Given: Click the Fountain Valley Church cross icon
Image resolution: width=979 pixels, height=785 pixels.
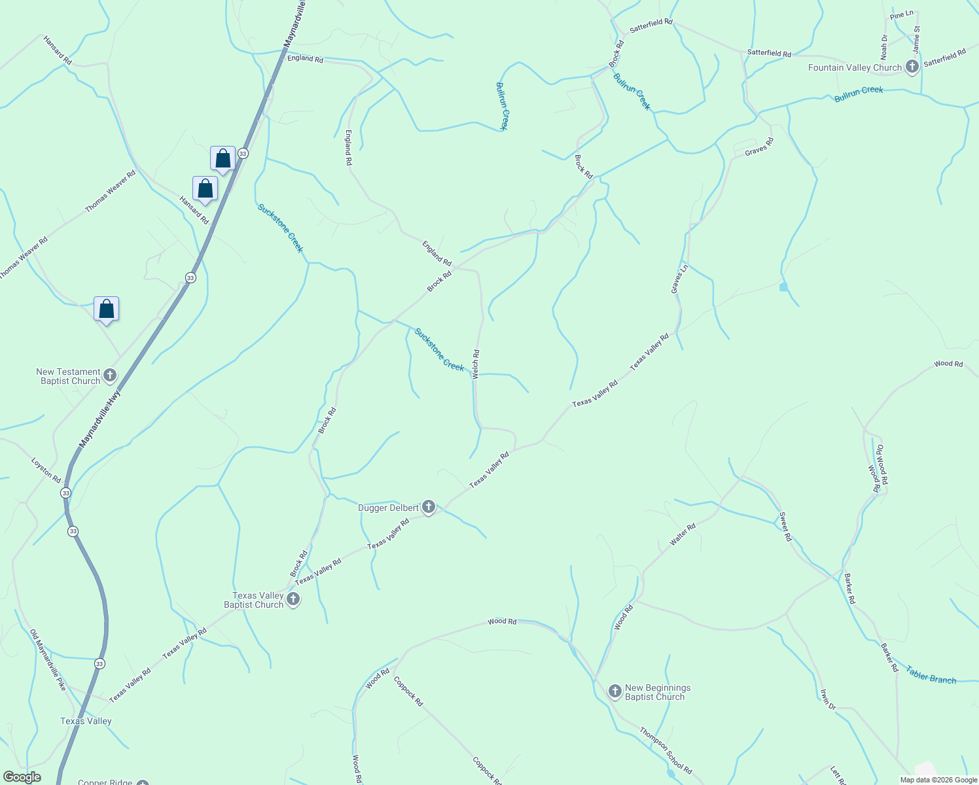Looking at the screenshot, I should pos(912,67).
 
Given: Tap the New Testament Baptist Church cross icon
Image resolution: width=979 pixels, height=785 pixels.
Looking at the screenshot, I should pos(110,375).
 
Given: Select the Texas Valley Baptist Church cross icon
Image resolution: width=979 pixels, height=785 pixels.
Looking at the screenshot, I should pos(293,599).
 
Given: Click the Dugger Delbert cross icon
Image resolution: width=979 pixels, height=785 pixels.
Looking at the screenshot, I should pos(429,507).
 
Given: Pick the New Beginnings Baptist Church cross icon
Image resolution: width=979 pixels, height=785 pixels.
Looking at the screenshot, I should pos(614,691).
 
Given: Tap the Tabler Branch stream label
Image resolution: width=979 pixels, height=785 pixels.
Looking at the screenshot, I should pos(931,675).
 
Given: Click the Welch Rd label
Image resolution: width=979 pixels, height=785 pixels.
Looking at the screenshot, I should pos(476,364).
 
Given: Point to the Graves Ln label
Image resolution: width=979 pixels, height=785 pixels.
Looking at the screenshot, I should pos(680,278).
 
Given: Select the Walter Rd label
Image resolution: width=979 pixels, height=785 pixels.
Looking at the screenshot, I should pos(683,534).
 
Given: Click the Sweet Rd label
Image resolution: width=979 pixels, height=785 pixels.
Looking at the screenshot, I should pos(785,527).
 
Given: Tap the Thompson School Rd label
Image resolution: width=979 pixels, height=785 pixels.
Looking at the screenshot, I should pos(666,751).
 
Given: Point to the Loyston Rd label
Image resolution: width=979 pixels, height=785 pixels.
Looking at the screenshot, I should pos(46,470).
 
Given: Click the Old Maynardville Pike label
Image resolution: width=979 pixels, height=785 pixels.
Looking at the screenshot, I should pos(48,660).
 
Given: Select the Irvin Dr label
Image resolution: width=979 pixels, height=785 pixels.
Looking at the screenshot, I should pos(828,699).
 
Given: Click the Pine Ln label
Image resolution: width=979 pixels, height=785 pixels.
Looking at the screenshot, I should pos(901,15).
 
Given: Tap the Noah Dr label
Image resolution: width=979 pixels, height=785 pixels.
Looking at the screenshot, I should pos(883,47).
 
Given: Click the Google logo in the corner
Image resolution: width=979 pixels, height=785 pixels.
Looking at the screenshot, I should pos(22,777).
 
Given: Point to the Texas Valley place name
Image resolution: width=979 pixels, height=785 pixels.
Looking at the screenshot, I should pos(86,721).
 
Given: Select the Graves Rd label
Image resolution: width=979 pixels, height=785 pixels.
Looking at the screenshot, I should pos(759,147).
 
